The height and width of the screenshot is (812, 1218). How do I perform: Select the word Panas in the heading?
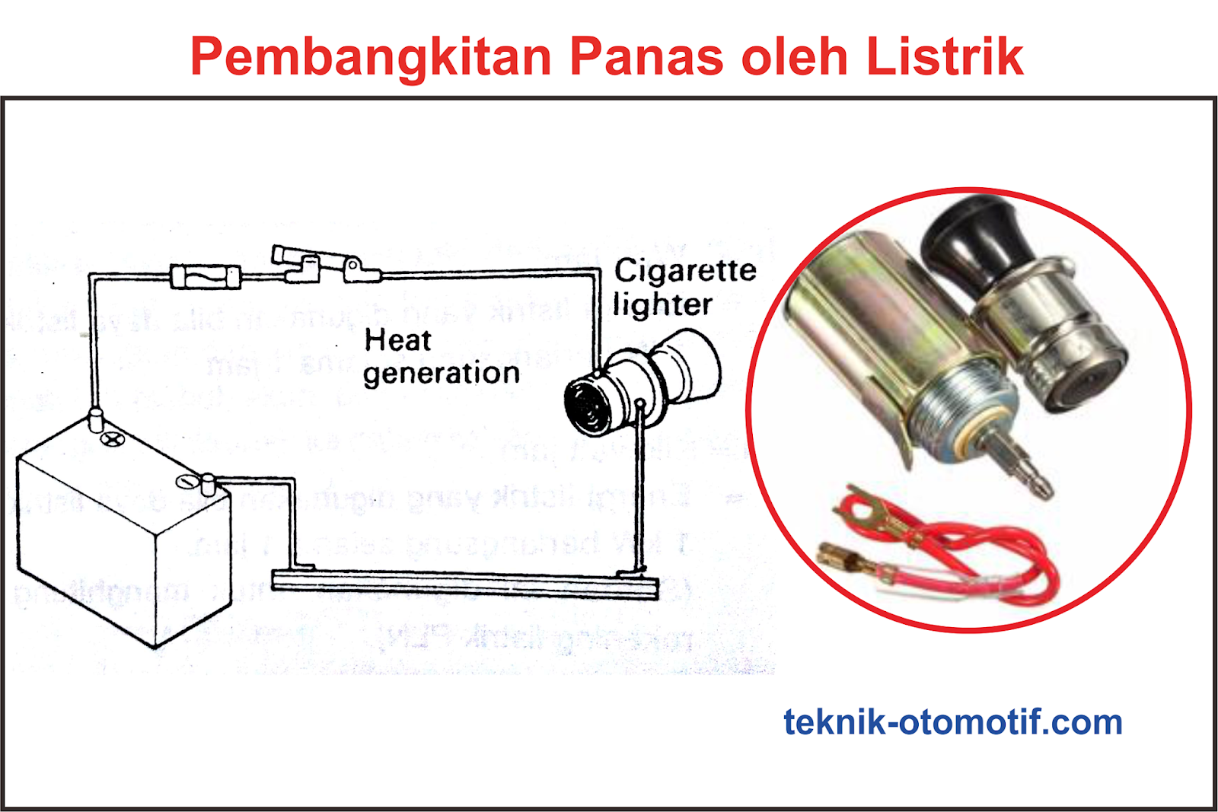coord(646,56)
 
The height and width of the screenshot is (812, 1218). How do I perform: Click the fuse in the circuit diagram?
coord(206,275)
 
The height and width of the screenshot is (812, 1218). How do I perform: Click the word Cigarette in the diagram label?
coord(685,271)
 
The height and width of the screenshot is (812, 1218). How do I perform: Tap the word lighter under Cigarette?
coord(662,304)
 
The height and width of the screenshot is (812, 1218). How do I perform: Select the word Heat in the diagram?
coord(397,340)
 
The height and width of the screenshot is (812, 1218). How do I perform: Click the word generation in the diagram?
coord(442,374)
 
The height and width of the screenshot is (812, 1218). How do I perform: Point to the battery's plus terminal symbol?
coord(113,439)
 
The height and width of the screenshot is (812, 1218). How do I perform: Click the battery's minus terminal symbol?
coord(186,482)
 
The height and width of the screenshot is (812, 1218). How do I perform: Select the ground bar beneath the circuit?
coord(464,583)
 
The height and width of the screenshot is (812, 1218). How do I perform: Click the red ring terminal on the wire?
coord(864,511)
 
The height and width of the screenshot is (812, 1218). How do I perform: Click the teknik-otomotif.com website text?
coord(952,722)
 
